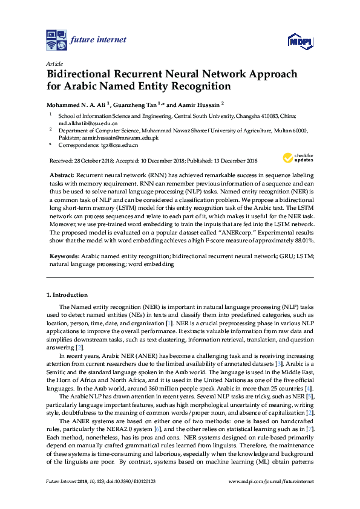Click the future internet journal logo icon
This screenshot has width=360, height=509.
[x=56, y=40]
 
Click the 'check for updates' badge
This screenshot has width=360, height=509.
[x=298, y=158]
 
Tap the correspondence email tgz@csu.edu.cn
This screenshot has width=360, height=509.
[x=118, y=145]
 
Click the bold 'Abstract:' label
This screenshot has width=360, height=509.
[x=62, y=174]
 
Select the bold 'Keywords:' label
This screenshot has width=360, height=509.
[x=64, y=256]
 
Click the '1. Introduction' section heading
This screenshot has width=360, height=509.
[x=67, y=295]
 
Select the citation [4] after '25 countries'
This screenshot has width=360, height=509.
[x=310, y=371]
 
